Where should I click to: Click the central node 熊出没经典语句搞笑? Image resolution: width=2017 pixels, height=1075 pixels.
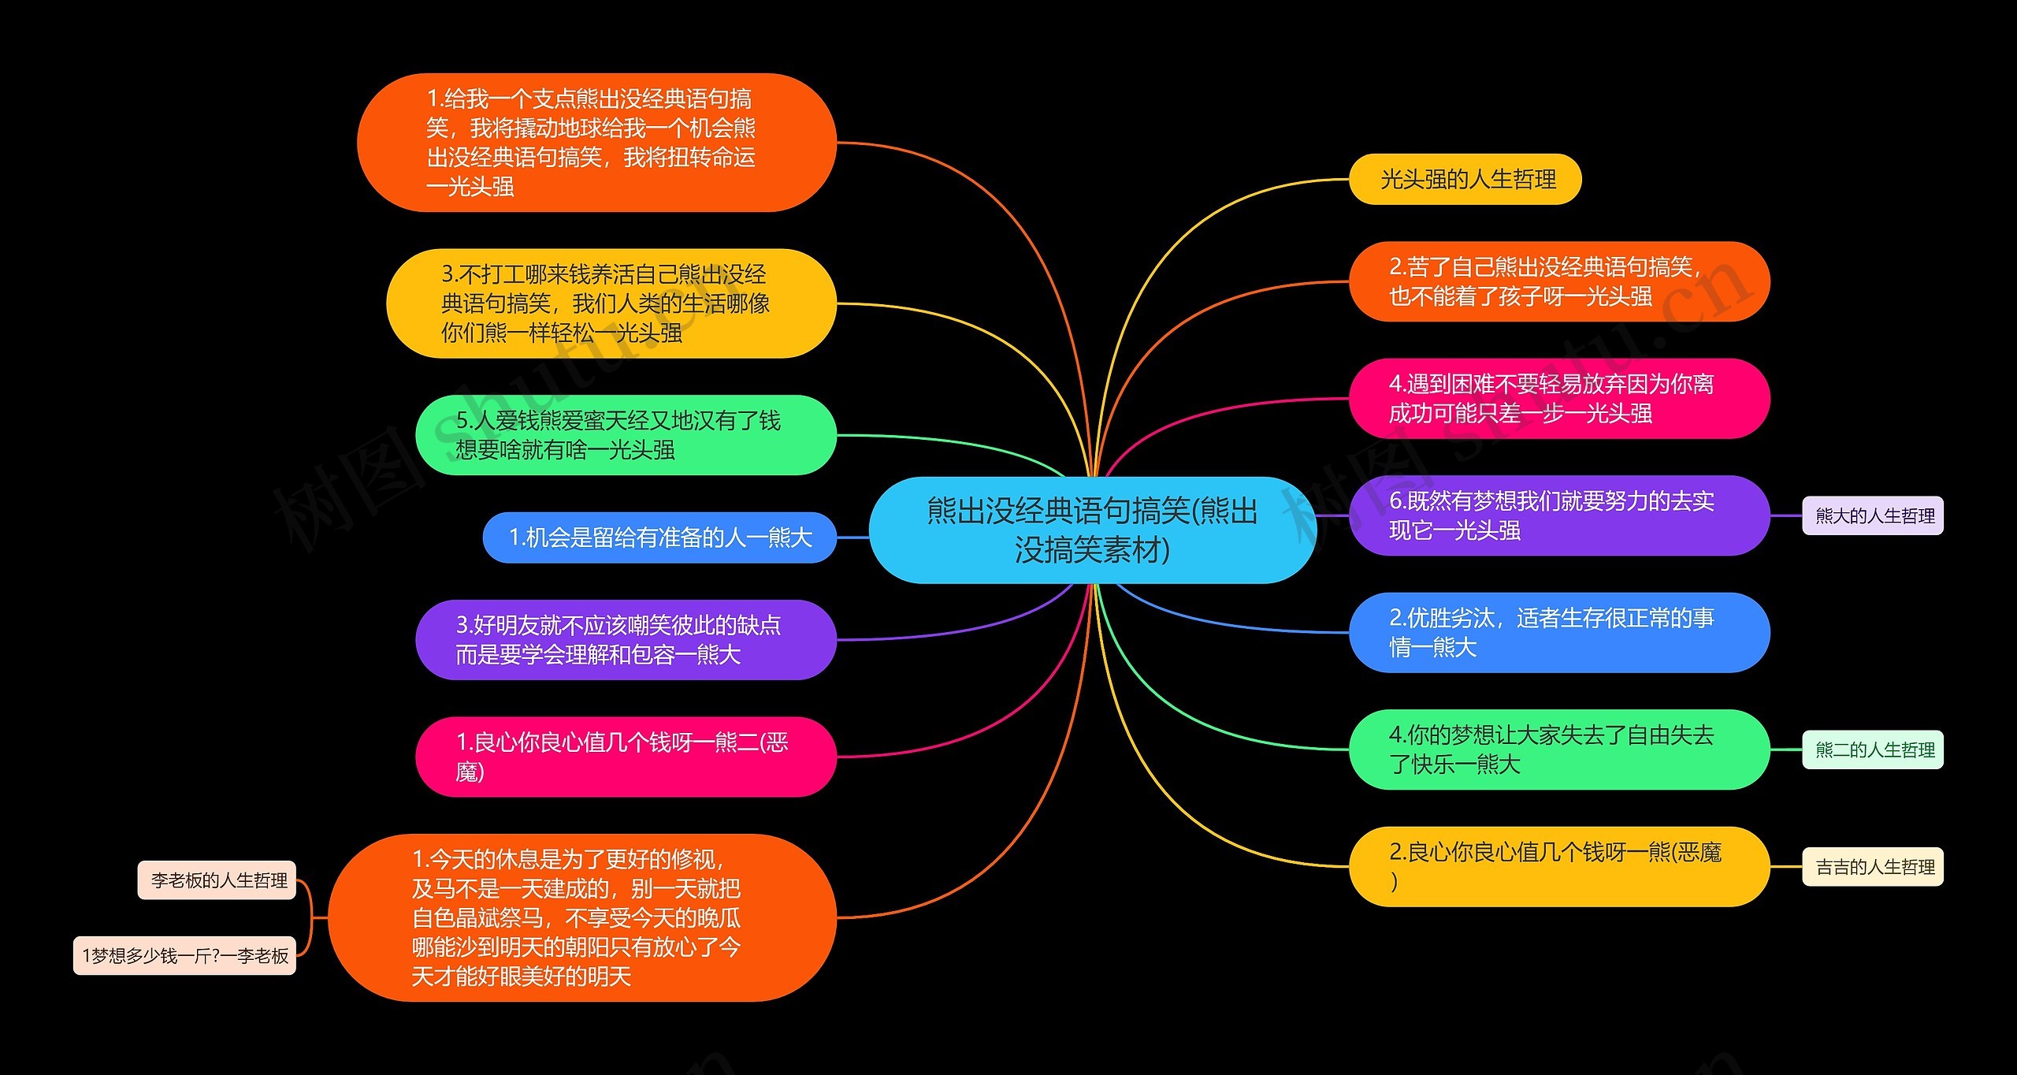1092,530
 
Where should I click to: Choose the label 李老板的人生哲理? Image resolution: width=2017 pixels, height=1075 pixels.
217,880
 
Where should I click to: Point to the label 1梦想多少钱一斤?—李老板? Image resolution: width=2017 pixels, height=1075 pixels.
184,956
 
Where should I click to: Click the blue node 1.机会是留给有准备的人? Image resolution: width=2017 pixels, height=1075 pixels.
659,537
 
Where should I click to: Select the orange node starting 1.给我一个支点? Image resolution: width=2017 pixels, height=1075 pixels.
596,143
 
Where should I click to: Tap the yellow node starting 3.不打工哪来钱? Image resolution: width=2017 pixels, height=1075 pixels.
611,303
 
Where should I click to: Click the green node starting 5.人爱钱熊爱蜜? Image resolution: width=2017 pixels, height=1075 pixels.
625,435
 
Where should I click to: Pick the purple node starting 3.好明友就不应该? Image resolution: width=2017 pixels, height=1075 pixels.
625,640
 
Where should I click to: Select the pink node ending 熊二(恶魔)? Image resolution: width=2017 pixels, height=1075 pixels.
625,757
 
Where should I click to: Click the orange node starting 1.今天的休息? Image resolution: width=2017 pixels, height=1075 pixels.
581,918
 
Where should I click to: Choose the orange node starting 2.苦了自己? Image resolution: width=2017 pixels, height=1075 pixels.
1558,281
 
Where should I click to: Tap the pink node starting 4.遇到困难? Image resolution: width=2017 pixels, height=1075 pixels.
1558,399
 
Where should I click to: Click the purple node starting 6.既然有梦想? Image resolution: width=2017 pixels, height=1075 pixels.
1558,515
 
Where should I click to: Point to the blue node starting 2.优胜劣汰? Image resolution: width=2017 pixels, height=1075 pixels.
1558,633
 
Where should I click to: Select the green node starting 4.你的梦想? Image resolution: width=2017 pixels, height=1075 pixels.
1558,750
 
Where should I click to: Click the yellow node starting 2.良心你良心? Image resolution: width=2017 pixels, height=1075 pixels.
1558,867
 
